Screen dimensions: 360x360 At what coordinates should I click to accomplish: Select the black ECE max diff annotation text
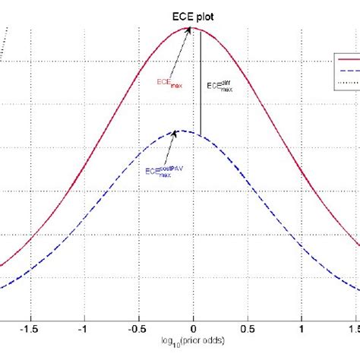tap(219, 87)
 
